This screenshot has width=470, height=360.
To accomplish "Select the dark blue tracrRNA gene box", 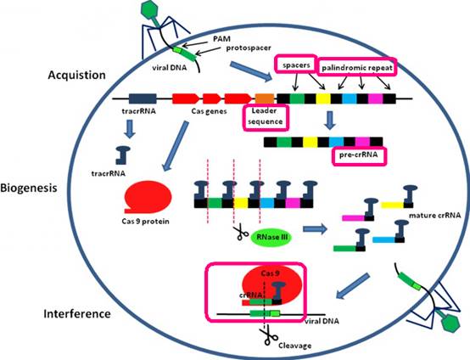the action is (143, 98).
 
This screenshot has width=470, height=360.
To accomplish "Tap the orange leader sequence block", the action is (265, 98).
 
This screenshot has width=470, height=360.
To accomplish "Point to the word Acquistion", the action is (76, 75).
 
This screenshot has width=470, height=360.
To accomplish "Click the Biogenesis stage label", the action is (29, 188).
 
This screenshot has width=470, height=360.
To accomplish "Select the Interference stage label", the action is (77, 314).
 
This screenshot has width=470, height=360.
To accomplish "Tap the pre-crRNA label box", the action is (359, 156).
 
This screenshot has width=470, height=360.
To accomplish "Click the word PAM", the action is (221, 39).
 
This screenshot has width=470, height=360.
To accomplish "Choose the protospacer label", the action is (249, 48).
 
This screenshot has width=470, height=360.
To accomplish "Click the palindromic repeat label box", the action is (357, 66).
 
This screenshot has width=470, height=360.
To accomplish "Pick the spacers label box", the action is (296, 64).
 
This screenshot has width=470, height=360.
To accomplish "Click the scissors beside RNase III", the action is (241, 232).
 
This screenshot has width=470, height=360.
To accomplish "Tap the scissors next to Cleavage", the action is (268, 336).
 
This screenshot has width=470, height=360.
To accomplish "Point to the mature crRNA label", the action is (434, 215).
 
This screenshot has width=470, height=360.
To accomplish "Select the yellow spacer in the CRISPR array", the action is (323, 98).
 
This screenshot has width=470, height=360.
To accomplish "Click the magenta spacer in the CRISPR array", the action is (376, 98).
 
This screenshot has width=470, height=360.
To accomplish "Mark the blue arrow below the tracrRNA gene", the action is (130, 128).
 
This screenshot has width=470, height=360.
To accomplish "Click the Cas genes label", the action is (209, 111).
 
